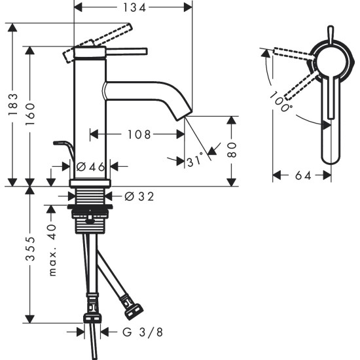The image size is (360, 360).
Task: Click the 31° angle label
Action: pyautogui.click(x=195, y=159)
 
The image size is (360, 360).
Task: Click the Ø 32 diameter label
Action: pyautogui.click(x=138, y=196)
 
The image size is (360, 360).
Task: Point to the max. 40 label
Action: pyautogui.click(x=53, y=251)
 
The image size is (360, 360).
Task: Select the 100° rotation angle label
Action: pyautogui.click(x=280, y=101)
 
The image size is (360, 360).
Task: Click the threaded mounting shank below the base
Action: pyautogui.click(x=91, y=196)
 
